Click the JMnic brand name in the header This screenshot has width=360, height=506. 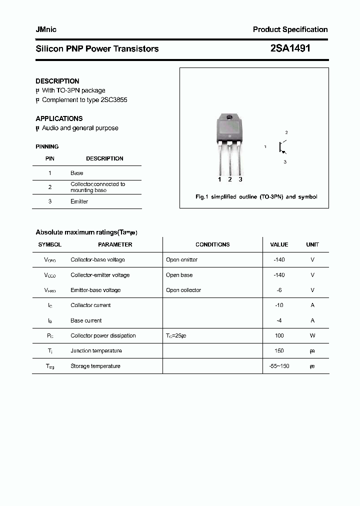click(x=46, y=29)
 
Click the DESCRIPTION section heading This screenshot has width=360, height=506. click(x=57, y=81)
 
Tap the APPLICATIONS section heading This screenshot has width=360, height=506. click(x=59, y=118)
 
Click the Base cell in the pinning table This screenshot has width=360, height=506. click(x=77, y=173)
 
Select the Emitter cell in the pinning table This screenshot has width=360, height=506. click(x=79, y=201)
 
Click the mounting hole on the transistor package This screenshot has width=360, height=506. click(x=229, y=117)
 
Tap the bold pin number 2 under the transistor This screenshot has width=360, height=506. click(x=229, y=179)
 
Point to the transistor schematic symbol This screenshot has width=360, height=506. click(x=282, y=147)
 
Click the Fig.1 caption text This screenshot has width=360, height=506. click(x=256, y=197)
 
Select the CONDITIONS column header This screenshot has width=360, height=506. click(x=212, y=244)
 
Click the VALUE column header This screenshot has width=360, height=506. click(x=279, y=244)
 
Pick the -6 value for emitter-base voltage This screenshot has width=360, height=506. click(x=279, y=290)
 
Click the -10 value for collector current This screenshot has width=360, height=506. click(x=279, y=305)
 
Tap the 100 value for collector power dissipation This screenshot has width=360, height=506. click(x=279, y=335)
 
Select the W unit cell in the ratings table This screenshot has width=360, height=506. click(x=312, y=335)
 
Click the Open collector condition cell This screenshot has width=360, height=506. click(x=183, y=290)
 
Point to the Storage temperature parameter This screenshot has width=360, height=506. click(x=95, y=366)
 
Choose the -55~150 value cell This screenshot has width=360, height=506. click(x=279, y=366)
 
